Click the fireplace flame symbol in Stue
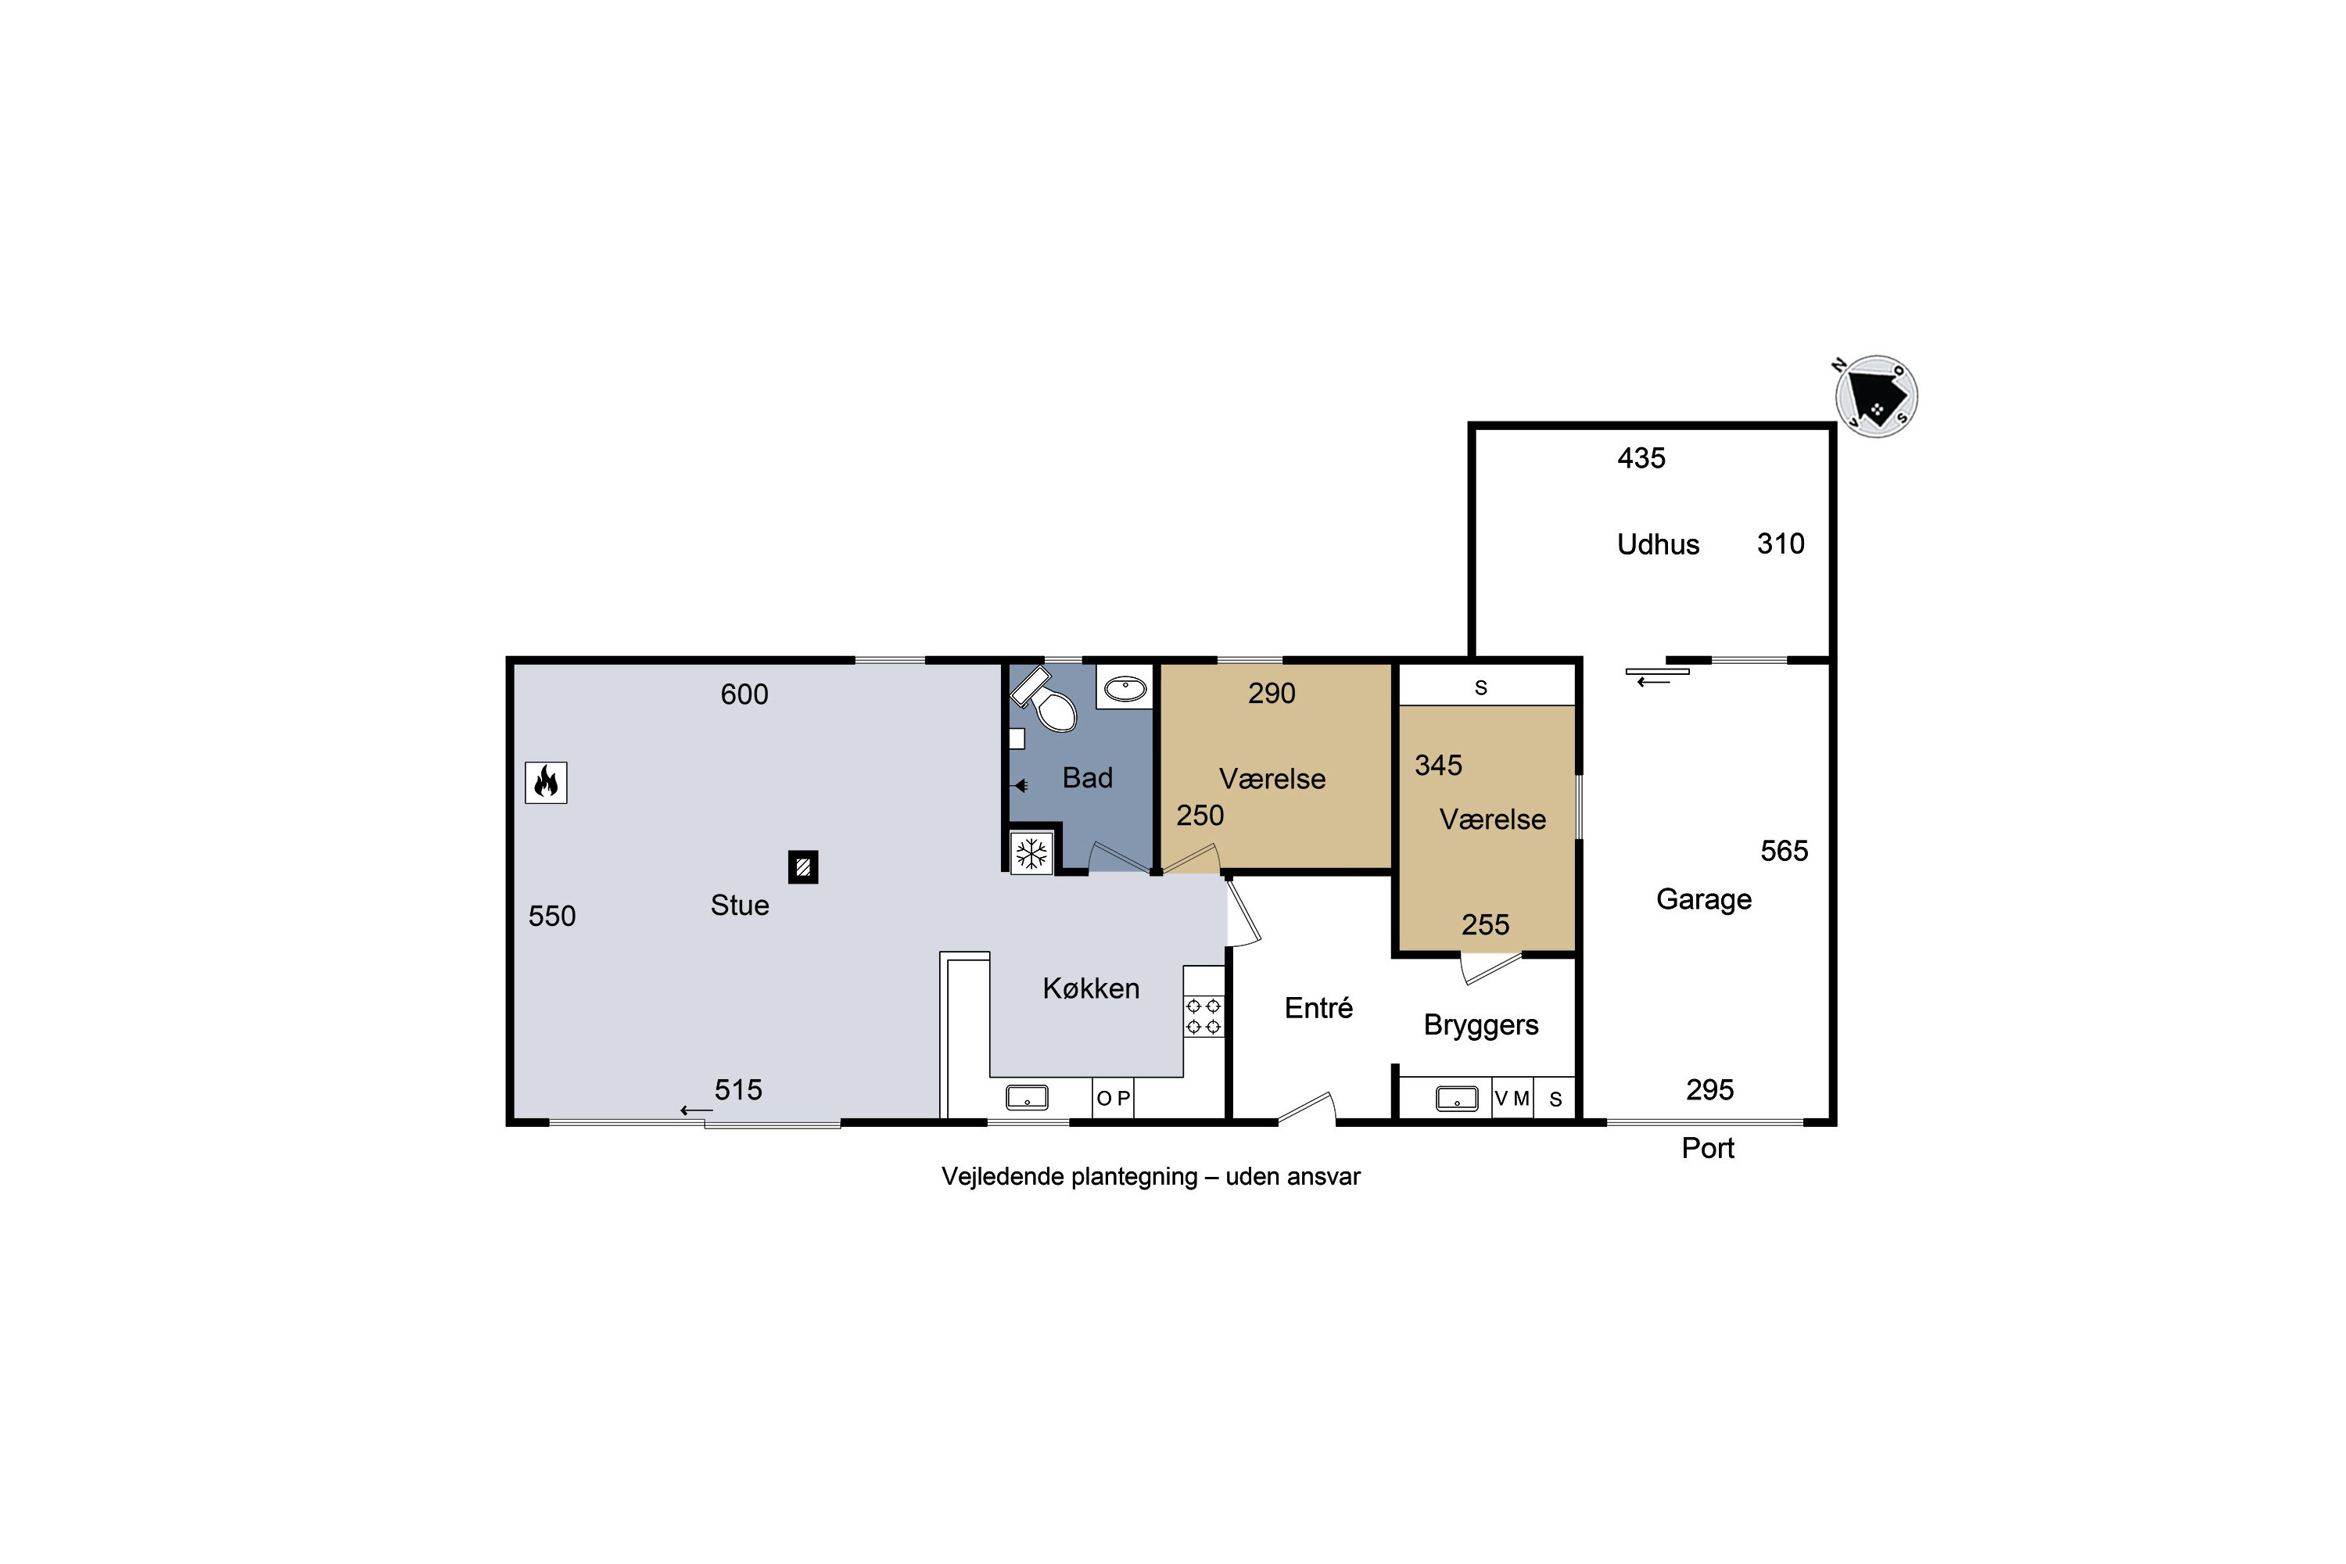tap(546, 782)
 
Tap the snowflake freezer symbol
tap(1031, 854)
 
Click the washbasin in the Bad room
tap(1125, 687)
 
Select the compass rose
tap(1876, 396)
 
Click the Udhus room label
tap(1658, 544)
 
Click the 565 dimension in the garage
tap(1784, 851)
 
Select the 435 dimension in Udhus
tap(1641, 457)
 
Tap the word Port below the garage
tap(1708, 1148)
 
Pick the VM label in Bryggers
tap(1512, 1098)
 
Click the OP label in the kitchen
tap(1113, 1098)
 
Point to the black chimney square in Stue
tap(803, 866)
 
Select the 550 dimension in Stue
tap(551, 916)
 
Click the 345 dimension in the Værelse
tap(1438, 765)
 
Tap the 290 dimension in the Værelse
tap(1272, 693)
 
